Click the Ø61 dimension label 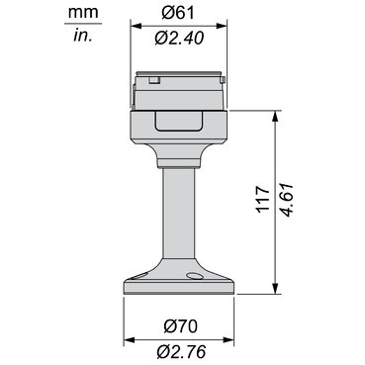[x=178, y=13]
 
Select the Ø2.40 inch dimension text [x=179, y=39]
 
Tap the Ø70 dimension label [x=180, y=326]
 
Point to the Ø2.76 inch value [x=181, y=351]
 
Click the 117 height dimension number [x=263, y=199]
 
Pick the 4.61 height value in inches [x=286, y=200]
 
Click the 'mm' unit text [x=83, y=13]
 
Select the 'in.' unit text [x=83, y=35]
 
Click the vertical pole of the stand [x=178, y=214]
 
